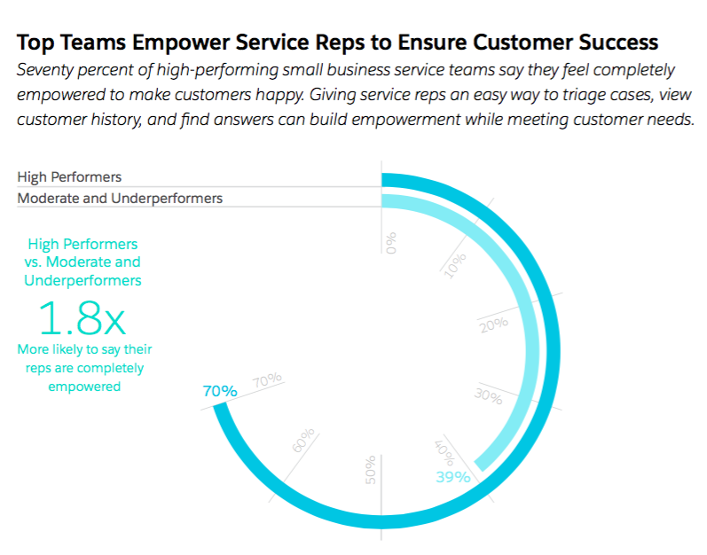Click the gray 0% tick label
391,243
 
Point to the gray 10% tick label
455,266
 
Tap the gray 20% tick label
494,324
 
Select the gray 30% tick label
488,396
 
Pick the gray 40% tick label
444,453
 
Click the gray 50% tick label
371,470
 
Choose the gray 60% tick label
303,440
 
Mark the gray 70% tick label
267,379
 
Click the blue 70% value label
220,391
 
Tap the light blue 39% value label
453,477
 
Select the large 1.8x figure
82,318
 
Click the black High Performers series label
69,177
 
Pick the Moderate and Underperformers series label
120,199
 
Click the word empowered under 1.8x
84,387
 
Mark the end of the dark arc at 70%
220,407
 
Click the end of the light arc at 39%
480,465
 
